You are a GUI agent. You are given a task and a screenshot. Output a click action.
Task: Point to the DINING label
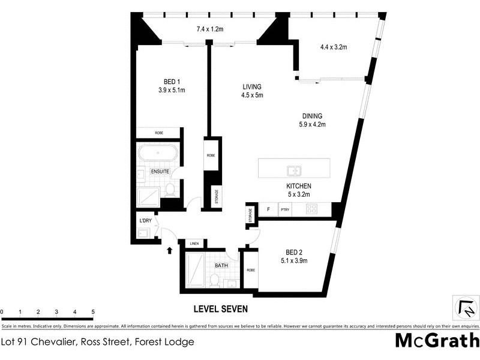pyautogui.click(x=312, y=116)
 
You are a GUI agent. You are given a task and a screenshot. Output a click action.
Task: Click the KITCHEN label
pyautogui.click(x=298, y=186)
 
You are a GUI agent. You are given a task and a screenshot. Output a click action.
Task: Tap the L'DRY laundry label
pyautogui.click(x=145, y=221)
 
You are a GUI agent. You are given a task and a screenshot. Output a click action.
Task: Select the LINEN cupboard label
pyautogui.click(x=194, y=243)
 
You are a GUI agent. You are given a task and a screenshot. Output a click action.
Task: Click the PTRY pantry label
pyautogui.click(x=285, y=209)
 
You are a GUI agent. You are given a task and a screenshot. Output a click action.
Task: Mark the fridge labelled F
pyautogui.click(x=268, y=209)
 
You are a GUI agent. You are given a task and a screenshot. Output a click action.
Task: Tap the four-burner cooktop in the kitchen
pyautogui.click(x=312, y=209)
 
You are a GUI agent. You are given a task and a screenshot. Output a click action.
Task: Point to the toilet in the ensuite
pyautogui.click(x=170, y=190)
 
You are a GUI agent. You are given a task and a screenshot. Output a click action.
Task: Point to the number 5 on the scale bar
pyautogui.click(x=93, y=312)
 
